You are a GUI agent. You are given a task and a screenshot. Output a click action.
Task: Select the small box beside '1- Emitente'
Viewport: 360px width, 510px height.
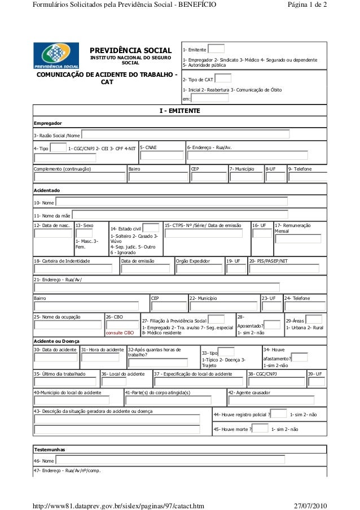[216, 49]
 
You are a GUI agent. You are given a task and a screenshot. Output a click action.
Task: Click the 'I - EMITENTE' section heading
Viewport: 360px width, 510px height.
[179, 111]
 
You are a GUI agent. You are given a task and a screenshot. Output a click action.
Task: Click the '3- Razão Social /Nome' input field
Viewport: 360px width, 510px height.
[186, 134]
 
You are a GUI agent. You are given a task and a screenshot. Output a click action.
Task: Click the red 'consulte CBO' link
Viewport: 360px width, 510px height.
[120, 333]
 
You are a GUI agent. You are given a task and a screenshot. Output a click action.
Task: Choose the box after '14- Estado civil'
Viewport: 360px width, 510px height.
[150, 228]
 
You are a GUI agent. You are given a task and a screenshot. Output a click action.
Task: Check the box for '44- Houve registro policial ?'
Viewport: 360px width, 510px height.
[278, 415]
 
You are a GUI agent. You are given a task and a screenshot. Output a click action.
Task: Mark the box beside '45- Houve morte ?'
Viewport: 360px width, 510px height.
[260, 429]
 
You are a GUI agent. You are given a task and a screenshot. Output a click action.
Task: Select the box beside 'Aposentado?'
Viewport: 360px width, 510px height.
[272, 325]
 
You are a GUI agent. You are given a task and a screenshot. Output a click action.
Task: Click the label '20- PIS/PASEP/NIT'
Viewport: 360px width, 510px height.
[268, 261]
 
